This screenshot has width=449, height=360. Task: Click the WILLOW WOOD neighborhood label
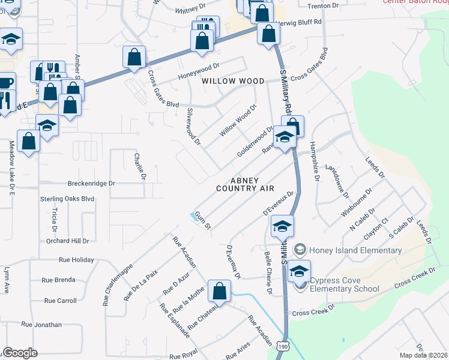(233, 80)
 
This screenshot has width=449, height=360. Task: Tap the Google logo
(20, 353)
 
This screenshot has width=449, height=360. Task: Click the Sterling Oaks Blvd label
(67, 198)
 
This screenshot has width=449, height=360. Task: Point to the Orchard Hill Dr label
(67, 241)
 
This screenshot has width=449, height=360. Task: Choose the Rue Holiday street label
(76, 260)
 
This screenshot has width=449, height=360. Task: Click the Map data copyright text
(423, 355)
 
